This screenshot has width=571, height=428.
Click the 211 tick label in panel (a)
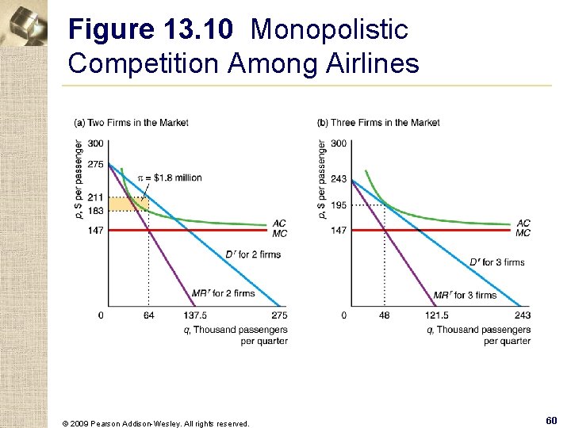click(95, 197)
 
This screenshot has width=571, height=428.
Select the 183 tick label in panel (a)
click(95, 210)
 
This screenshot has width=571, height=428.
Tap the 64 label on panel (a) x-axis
click(148, 315)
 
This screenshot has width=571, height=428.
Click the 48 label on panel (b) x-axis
click(384, 315)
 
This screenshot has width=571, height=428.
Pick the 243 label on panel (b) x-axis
click(523, 315)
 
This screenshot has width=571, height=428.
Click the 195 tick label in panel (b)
click(339, 205)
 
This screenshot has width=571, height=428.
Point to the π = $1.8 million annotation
click(170, 178)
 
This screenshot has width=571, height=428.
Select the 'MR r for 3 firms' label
click(465, 295)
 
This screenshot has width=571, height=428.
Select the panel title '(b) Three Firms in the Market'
click(378, 122)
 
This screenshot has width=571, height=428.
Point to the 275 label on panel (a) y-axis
click(95, 164)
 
